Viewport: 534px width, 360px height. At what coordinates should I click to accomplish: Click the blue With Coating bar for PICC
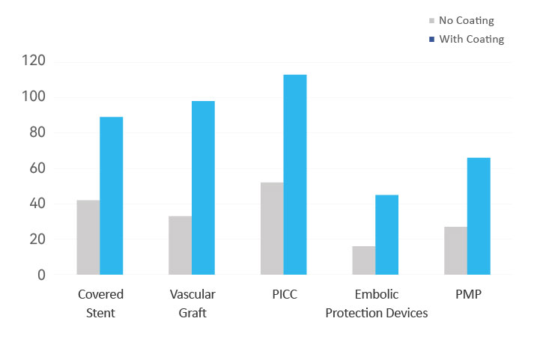(x=295, y=174)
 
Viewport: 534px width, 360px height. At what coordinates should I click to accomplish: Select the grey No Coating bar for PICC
(x=272, y=228)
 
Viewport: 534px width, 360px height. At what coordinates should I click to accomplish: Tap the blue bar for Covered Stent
(x=112, y=195)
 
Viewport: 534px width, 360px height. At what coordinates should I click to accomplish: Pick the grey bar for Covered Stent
(x=88, y=237)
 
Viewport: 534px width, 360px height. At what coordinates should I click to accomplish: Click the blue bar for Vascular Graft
(x=203, y=187)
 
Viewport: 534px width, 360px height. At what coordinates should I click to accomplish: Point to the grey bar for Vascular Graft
(x=180, y=245)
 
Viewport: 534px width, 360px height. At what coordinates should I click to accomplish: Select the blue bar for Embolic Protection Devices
(x=386, y=234)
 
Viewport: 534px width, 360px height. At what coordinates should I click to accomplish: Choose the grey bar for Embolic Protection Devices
(x=363, y=260)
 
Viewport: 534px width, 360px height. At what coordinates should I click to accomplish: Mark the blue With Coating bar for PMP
(x=479, y=216)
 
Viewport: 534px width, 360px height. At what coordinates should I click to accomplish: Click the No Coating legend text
(x=466, y=21)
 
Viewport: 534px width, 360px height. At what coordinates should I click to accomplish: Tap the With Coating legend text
(x=471, y=39)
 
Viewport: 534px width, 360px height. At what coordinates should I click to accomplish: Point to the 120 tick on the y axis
(x=33, y=61)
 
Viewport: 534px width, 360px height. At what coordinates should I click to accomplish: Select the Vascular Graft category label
(x=192, y=303)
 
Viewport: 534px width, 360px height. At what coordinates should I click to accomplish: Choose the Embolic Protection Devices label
(x=377, y=303)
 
